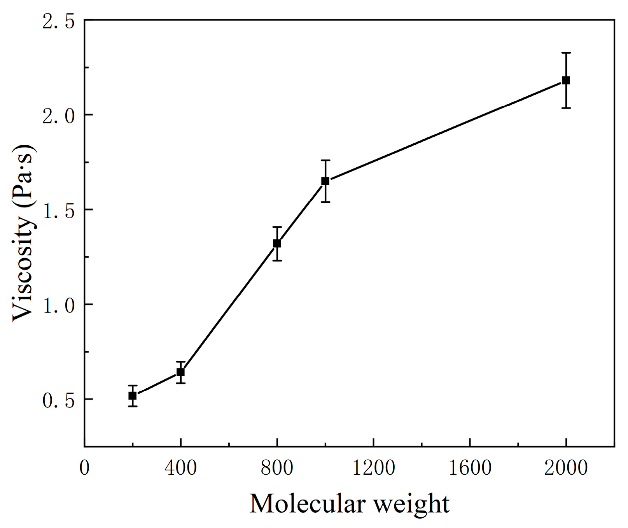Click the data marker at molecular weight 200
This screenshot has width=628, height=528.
[x=133, y=396]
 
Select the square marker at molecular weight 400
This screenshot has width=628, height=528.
[x=180, y=372]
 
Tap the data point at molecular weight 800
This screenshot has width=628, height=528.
[x=277, y=243]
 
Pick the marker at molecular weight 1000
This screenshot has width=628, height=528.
[x=325, y=181]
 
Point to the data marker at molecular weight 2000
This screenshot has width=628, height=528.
[x=566, y=81]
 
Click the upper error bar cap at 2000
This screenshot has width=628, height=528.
[x=566, y=53]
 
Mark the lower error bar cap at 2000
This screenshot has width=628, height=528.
[x=566, y=108]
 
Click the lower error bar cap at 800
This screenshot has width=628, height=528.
[x=277, y=260]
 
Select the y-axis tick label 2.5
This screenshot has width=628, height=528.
[x=58, y=21]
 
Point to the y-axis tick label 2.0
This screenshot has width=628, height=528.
[x=58, y=116]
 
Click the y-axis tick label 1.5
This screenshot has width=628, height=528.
[x=58, y=211]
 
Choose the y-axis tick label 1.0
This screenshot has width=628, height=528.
[x=58, y=305]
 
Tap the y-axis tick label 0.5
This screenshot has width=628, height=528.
[x=58, y=400]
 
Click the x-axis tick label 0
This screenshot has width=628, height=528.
[x=84, y=468]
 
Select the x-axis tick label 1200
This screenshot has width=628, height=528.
[x=373, y=468]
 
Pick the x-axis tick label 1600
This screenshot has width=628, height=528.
[x=470, y=468]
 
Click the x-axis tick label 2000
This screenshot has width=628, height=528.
[x=566, y=468]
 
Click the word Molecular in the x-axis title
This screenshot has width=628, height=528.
[x=307, y=503]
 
